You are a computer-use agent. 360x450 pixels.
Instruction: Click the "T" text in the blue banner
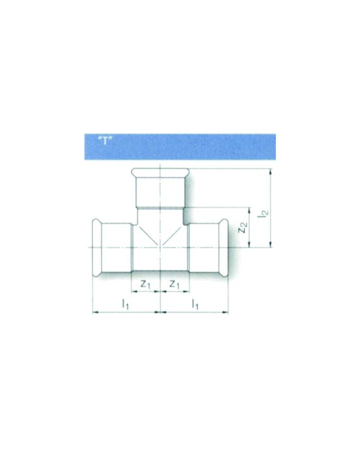(104, 140)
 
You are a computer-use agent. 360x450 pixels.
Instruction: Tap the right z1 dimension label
(174, 284)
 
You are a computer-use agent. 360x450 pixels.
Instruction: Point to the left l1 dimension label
(126, 304)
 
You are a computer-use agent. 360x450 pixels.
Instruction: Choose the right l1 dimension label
(195, 304)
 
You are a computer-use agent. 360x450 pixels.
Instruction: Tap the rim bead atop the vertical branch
(161, 172)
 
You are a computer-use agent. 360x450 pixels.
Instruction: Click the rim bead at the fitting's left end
(96, 247)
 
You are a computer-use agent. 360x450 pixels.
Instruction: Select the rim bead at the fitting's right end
(225, 247)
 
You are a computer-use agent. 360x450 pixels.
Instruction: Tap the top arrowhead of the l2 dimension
(270, 171)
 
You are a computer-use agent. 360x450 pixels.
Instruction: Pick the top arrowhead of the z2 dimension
(249, 211)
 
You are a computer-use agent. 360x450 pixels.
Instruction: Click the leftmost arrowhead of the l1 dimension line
(95, 311)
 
